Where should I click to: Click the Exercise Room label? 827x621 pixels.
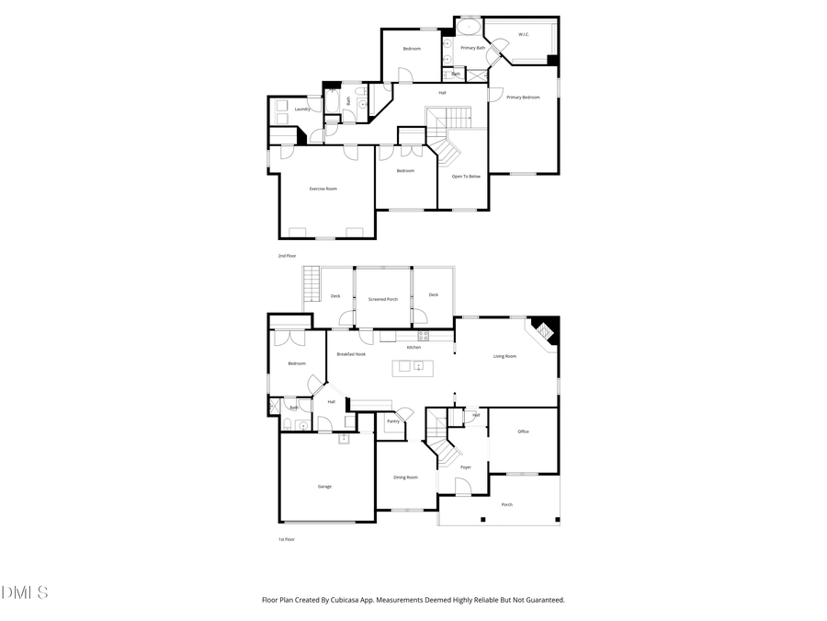pos(323,189)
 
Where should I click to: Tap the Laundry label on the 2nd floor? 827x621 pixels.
pos(302,109)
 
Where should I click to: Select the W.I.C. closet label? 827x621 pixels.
pos(524,35)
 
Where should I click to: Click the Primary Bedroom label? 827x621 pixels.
pos(523,97)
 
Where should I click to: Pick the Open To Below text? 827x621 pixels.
pos(466,176)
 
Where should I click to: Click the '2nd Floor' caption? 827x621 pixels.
pos(288,255)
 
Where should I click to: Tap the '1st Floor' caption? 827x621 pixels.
pos(288,539)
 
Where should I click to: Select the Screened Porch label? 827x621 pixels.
pos(383,299)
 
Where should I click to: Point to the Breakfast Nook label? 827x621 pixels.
pos(352,354)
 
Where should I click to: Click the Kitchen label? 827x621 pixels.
pos(414,347)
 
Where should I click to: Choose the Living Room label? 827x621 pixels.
pos(504,356)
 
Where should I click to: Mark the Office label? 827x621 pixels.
pos(523,431)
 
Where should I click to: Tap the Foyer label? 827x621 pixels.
pos(466,467)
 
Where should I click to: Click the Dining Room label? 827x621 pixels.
pos(406,477)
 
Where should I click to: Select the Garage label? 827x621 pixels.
pos(324,486)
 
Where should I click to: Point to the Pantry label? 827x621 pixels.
pos(393,421)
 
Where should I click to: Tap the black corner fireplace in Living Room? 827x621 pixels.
pos(545,331)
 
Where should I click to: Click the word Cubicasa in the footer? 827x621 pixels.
pos(370,600)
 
